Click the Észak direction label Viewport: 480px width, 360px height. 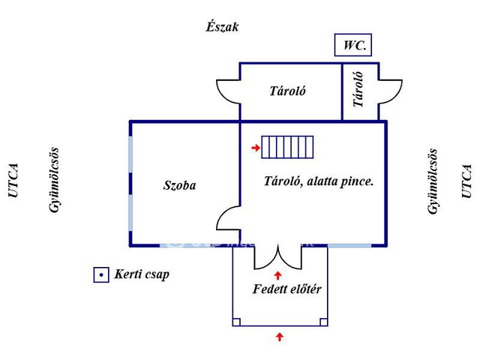[222, 27]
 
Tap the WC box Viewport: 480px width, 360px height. [353, 45]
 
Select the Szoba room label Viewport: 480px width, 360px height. [180, 185]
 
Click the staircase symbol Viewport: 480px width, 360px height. [287, 147]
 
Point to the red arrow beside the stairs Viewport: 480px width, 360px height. [256, 148]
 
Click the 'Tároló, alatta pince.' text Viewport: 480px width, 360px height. [319, 181]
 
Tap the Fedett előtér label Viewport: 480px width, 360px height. [286, 289]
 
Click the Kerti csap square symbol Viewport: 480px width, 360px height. [101, 275]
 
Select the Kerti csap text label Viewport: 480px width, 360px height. [142, 274]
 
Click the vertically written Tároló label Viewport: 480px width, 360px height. [358, 89]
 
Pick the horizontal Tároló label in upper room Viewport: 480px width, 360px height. [288, 91]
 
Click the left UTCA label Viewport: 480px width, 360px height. [13, 181]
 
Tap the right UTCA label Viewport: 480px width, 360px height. [466, 181]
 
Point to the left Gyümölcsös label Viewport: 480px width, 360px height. [54, 180]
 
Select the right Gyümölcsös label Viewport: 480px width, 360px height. [432, 181]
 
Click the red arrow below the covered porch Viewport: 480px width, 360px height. [280, 337]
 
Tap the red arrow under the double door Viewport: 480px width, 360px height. [278, 275]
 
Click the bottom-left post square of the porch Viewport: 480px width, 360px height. [236, 322]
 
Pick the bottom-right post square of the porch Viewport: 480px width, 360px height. [323, 322]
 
